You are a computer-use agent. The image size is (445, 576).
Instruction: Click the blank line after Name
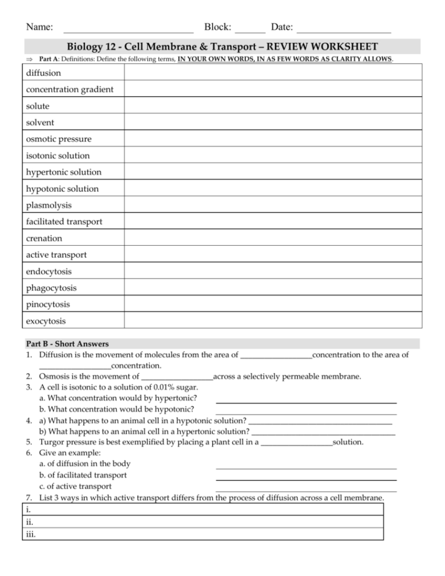point(128,29)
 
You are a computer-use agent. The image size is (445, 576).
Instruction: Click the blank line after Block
point(250,29)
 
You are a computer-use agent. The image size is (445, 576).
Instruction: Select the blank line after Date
point(343,29)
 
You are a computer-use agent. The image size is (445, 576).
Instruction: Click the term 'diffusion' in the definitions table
point(43,73)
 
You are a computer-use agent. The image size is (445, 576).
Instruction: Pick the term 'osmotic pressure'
point(59,139)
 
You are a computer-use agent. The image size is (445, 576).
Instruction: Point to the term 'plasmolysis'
point(49,205)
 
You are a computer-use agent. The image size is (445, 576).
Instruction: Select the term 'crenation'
point(44,238)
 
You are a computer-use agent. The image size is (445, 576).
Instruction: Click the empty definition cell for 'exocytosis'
point(273,321)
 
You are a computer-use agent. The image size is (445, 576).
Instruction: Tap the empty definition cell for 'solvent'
point(273,122)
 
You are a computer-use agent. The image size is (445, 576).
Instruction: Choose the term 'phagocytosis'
point(51,288)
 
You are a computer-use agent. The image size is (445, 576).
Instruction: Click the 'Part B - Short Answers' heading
point(67,344)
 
